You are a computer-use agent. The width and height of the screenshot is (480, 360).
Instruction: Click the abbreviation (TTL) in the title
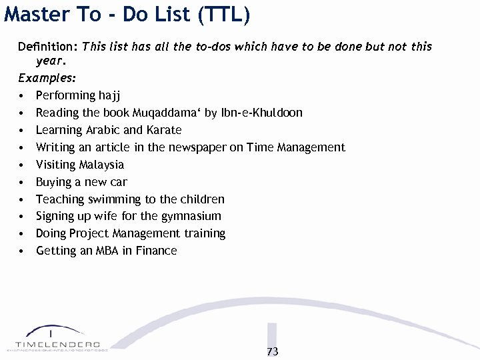pyautogui.click(x=224, y=15)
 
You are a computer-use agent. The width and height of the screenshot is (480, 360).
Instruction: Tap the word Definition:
pyautogui.click(x=48, y=47)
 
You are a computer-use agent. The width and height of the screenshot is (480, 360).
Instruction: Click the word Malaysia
pyautogui.click(x=101, y=165)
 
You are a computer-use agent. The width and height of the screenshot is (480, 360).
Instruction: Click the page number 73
pyautogui.click(x=272, y=351)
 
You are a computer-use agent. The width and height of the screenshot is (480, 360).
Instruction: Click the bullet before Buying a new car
pyautogui.click(x=23, y=182)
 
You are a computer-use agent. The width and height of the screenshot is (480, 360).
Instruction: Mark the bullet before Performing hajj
pyautogui.click(x=23, y=96)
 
